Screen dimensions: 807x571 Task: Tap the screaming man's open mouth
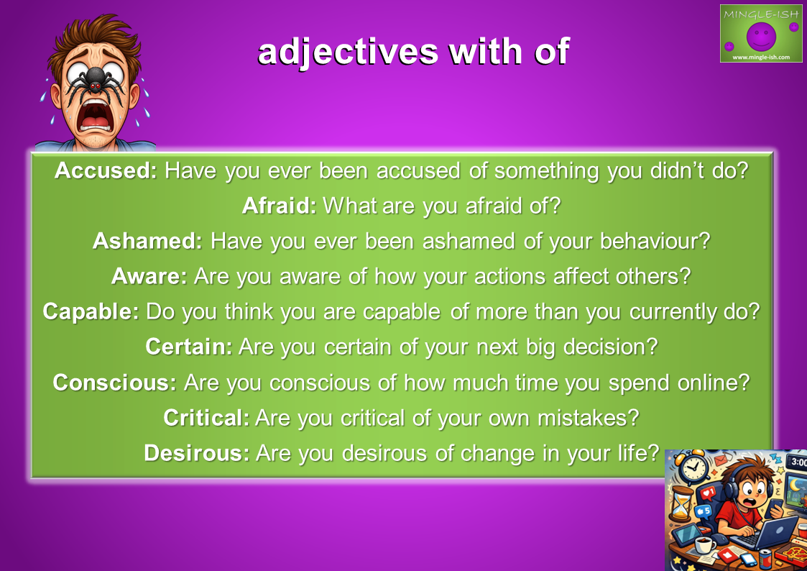pyautogui.click(x=96, y=118)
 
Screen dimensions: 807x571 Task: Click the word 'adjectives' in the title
pyautogui.click(x=349, y=52)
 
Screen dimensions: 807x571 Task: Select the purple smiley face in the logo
pyautogui.click(x=761, y=35)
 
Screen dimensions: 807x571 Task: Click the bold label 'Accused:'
pyautogui.click(x=106, y=170)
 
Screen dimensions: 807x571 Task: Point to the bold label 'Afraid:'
pyautogui.click(x=279, y=206)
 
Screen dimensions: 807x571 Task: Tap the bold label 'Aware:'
pyautogui.click(x=149, y=276)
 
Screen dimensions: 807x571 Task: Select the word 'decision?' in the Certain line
pyautogui.click(x=610, y=347)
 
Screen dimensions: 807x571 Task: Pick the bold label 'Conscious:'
pyautogui.click(x=114, y=383)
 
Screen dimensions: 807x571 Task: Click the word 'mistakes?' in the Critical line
pyautogui.click(x=588, y=418)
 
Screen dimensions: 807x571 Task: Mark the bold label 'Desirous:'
pyautogui.click(x=197, y=454)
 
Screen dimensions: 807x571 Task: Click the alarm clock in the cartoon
pyautogui.click(x=693, y=467)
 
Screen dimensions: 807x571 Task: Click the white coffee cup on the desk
pyautogui.click(x=704, y=544)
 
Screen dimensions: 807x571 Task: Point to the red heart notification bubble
pyautogui.click(x=709, y=493)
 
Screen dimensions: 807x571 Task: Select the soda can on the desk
pyautogui.click(x=765, y=559)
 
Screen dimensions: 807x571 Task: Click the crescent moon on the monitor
pyautogui.click(x=796, y=485)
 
